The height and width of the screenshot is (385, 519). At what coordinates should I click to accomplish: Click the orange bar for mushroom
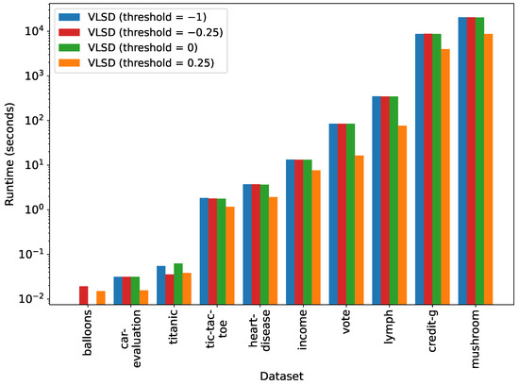[x=489, y=169]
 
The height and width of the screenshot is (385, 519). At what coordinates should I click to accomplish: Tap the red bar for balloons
[x=83, y=294]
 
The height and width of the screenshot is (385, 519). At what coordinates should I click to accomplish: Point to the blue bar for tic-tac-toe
[x=204, y=251]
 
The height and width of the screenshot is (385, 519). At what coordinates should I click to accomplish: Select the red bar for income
[x=299, y=232]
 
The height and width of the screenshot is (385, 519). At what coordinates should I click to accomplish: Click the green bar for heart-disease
[x=264, y=244]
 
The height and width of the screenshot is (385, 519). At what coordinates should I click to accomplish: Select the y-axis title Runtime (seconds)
[x=11, y=156]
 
